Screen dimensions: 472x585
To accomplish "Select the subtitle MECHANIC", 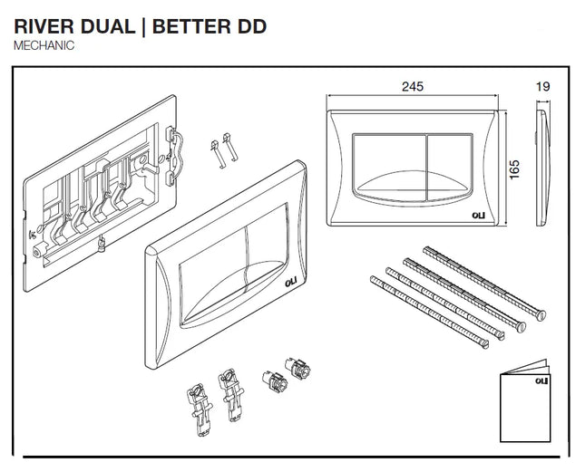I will [44, 44].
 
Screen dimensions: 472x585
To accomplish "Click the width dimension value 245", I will [413, 87].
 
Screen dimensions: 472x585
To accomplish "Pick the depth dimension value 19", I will [542, 87].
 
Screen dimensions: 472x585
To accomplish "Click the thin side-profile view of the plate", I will [542, 169].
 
